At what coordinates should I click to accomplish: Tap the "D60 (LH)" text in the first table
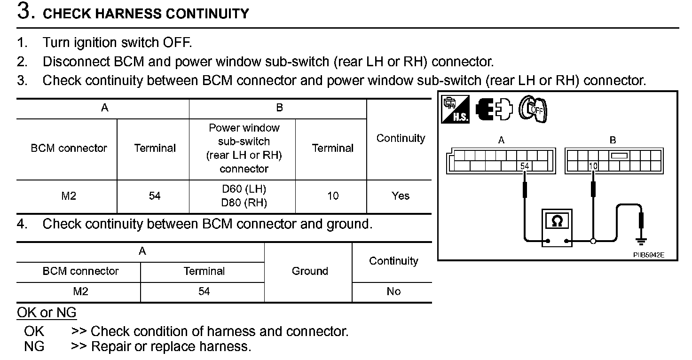tap(244, 189)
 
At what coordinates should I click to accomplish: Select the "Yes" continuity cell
tap(400, 196)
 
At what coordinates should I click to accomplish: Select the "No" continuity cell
tap(393, 291)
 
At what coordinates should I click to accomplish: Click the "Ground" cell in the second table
tap(309, 271)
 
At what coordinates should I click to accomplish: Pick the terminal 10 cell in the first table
tap(332, 196)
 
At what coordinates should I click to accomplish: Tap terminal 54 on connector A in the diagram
tap(524, 166)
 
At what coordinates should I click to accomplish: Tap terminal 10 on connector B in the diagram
tap(593, 166)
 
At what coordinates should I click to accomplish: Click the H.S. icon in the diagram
tap(455, 110)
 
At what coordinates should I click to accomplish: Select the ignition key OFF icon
tap(534, 110)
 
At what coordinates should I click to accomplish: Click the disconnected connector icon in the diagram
tap(493, 110)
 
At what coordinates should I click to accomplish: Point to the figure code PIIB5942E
tap(648, 255)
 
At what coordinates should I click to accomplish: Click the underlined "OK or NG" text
tap(47, 312)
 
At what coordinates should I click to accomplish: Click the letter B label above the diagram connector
tap(613, 140)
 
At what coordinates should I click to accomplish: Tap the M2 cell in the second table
tap(80, 291)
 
